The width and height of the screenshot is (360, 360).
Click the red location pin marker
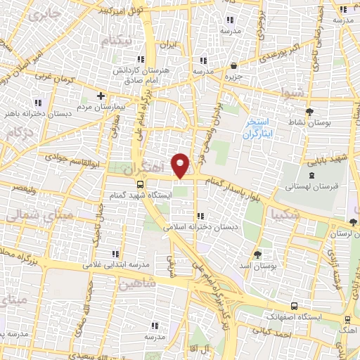point(181,165)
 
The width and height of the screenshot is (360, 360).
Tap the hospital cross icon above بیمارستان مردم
point(101,96)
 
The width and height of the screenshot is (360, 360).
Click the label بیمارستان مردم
point(100,107)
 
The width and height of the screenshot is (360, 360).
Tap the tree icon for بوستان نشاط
point(310,112)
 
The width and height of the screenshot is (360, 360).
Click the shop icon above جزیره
point(233,65)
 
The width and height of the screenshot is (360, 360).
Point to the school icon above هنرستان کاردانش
point(140,60)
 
